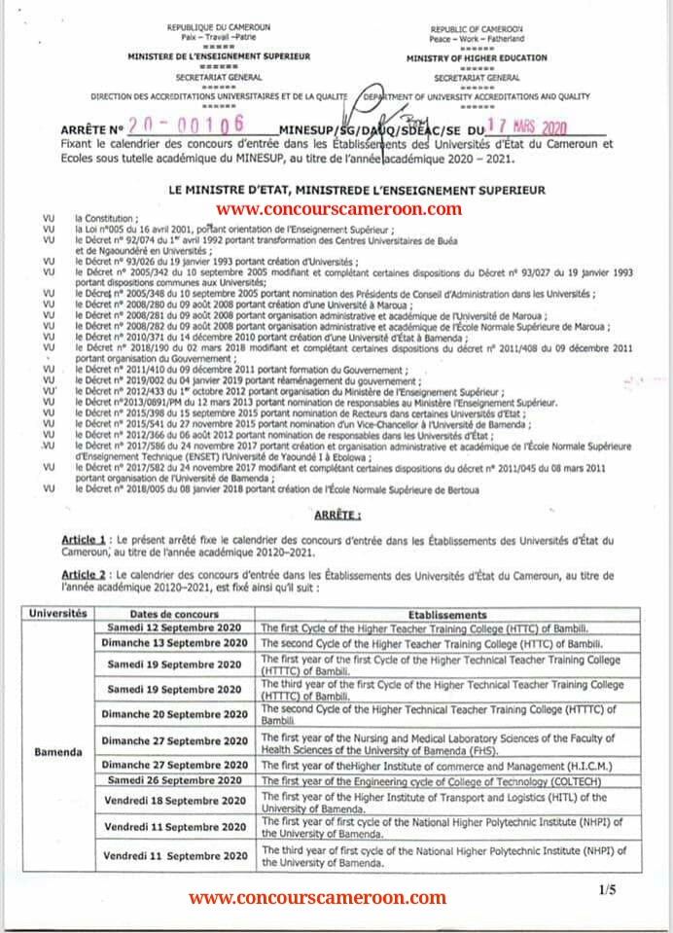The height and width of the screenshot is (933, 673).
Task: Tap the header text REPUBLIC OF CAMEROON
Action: (x=477, y=30)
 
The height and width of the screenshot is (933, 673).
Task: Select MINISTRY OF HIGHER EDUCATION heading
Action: (x=477, y=58)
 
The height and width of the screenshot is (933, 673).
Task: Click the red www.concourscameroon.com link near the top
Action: (x=337, y=208)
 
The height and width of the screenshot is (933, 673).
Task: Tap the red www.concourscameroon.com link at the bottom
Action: (x=317, y=898)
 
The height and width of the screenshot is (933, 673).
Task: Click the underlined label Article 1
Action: (x=84, y=539)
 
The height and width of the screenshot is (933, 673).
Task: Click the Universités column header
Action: (x=58, y=614)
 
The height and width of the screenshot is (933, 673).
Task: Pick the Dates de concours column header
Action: (x=175, y=615)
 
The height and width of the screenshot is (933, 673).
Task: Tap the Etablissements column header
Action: (x=447, y=615)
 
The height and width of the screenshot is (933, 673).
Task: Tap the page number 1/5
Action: (x=607, y=889)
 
